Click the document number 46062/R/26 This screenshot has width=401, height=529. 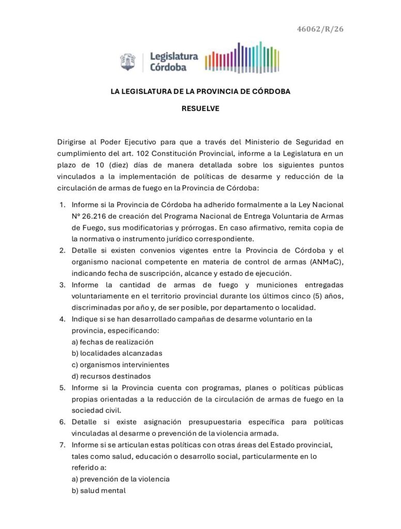(x=320, y=29)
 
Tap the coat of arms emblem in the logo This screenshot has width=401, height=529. (x=128, y=62)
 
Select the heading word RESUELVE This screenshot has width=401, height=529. (x=201, y=108)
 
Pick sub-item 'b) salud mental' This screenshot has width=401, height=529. (x=99, y=490)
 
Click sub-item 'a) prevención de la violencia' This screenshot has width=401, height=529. (x=120, y=479)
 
